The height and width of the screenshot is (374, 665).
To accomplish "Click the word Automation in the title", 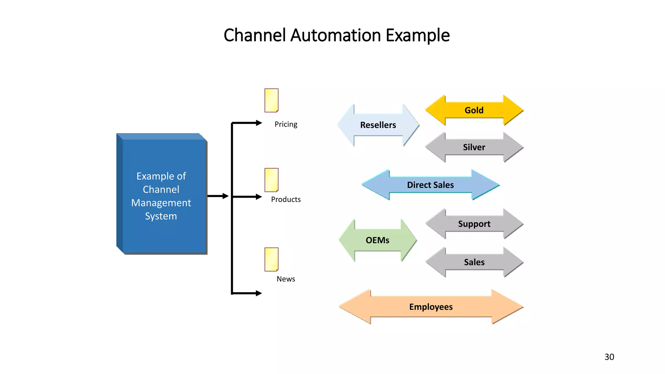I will tap(335, 35).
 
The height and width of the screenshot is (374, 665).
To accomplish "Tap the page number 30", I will tap(609, 357).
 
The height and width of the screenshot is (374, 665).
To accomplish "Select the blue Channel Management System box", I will tap(161, 195).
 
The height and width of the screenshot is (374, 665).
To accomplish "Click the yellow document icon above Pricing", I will tap(271, 100).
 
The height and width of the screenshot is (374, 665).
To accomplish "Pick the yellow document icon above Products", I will tap(271, 180).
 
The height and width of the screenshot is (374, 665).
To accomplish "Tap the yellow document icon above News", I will tap(271, 259).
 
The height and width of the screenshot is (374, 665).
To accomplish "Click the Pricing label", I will tap(286, 124).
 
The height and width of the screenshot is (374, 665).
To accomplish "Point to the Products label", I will tap(286, 199).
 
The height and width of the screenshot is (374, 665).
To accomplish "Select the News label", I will tap(286, 279).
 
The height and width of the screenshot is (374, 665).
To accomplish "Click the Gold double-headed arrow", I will tap(474, 110).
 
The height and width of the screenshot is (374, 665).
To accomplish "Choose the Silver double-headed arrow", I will tap(474, 147).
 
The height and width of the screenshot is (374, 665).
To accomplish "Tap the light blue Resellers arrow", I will tap(378, 125).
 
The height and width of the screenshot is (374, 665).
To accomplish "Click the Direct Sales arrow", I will tap(430, 185).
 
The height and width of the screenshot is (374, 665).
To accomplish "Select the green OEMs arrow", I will tap(378, 240).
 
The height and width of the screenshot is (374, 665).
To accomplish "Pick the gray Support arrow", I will tap(474, 224).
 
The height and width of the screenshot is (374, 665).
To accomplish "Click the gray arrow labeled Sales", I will tap(474, 262).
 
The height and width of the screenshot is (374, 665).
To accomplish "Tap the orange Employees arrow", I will tap(431, 307).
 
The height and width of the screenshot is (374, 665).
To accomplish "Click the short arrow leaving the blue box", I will tap(218, 196).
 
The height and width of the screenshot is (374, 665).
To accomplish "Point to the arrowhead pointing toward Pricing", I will tap(258, 123).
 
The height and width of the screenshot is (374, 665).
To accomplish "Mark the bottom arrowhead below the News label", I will tap(258, 293).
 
